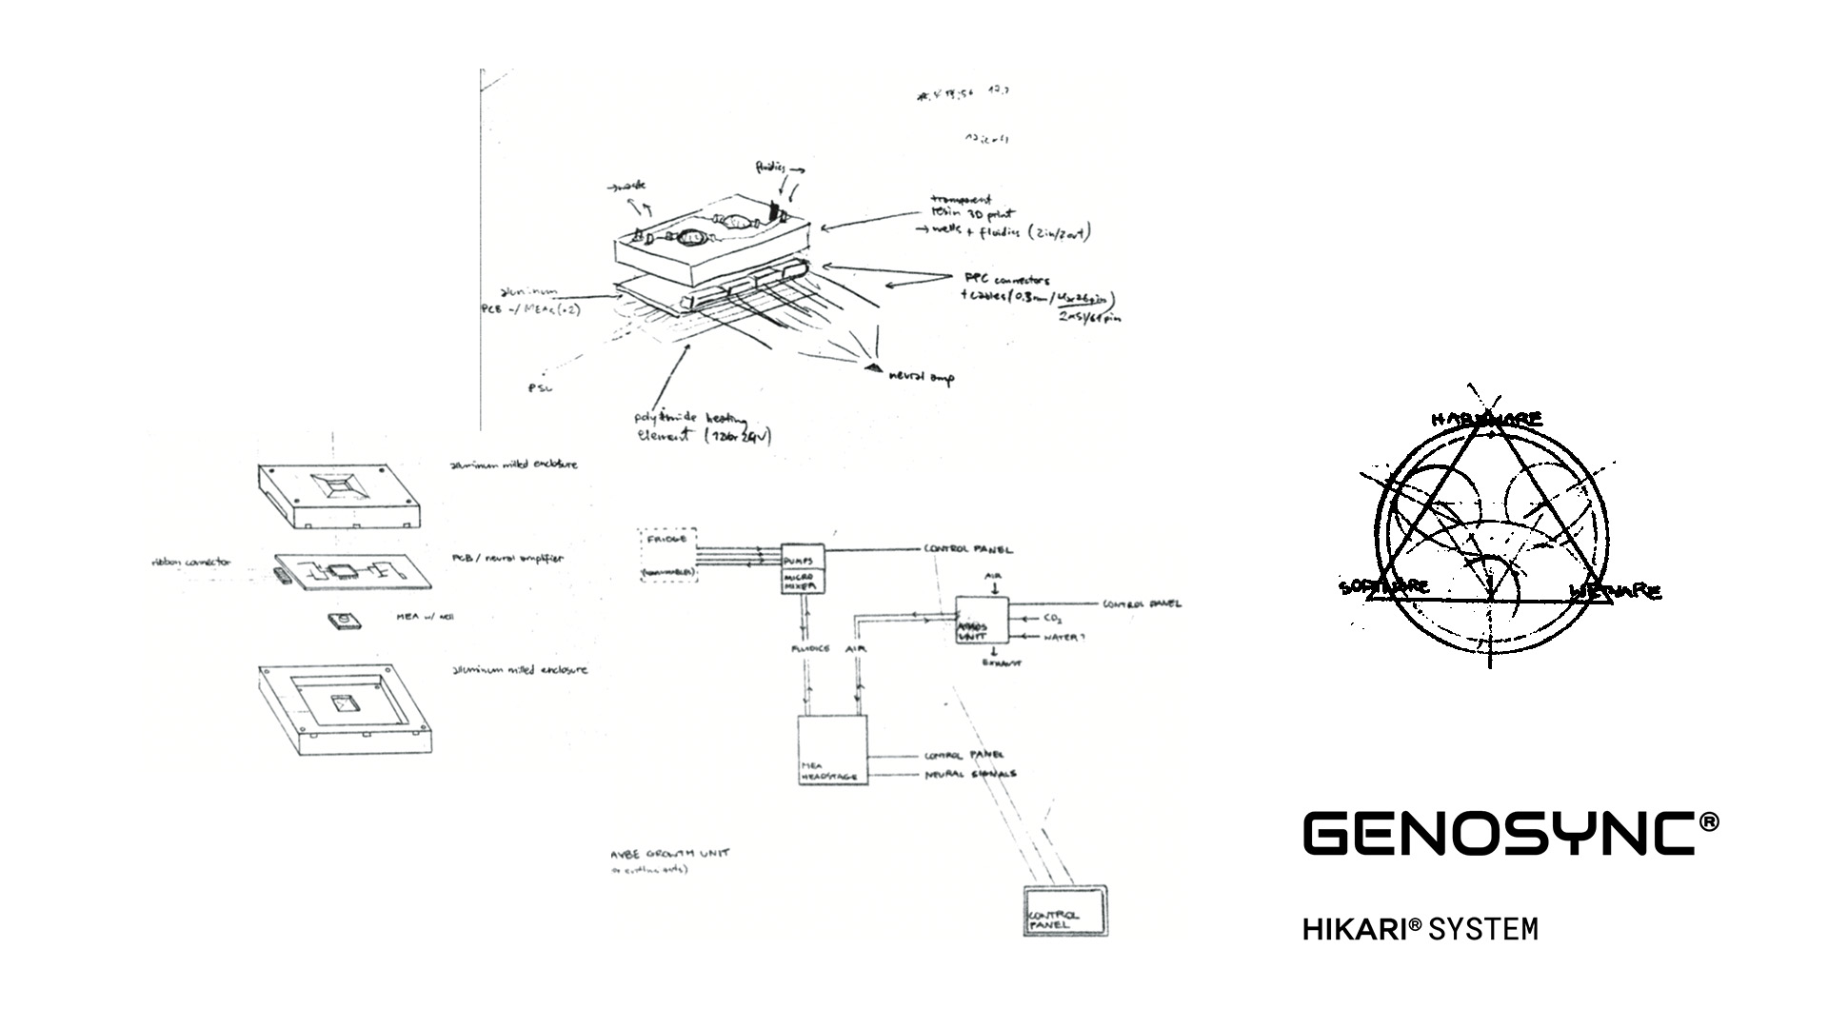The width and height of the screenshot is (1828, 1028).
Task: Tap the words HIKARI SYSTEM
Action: pos(1420,928)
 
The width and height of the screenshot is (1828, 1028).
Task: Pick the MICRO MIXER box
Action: pos(802,582)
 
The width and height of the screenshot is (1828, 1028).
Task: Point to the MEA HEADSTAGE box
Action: pos(833,749)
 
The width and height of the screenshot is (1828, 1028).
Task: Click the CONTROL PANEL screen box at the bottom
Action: pos(1065,912)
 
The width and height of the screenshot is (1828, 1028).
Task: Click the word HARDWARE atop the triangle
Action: pos(1486,419)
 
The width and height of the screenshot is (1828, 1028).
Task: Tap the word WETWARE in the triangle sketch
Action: pos(1615,591)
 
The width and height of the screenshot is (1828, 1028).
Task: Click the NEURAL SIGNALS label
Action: pos(970,775)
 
